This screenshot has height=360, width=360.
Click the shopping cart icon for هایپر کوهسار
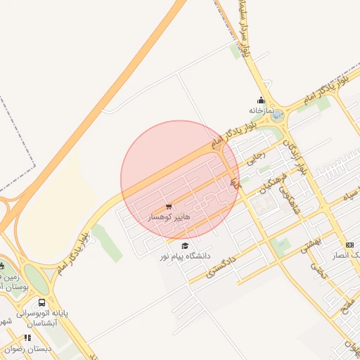[x=168, y=207]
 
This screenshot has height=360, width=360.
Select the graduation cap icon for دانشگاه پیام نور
[x=184, y=245]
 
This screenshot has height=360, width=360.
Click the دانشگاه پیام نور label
[x=185, y=257]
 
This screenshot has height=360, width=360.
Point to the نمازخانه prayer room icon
[x=262, y=100]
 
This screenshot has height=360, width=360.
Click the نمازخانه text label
[x=259, y=110]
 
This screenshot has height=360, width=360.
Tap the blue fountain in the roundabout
[x=278, y=114]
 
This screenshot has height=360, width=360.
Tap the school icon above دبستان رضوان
[x=27, y=337]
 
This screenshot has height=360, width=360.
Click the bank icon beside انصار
[x=349, y=244]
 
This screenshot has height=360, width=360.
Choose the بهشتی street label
[x=310, y=244]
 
